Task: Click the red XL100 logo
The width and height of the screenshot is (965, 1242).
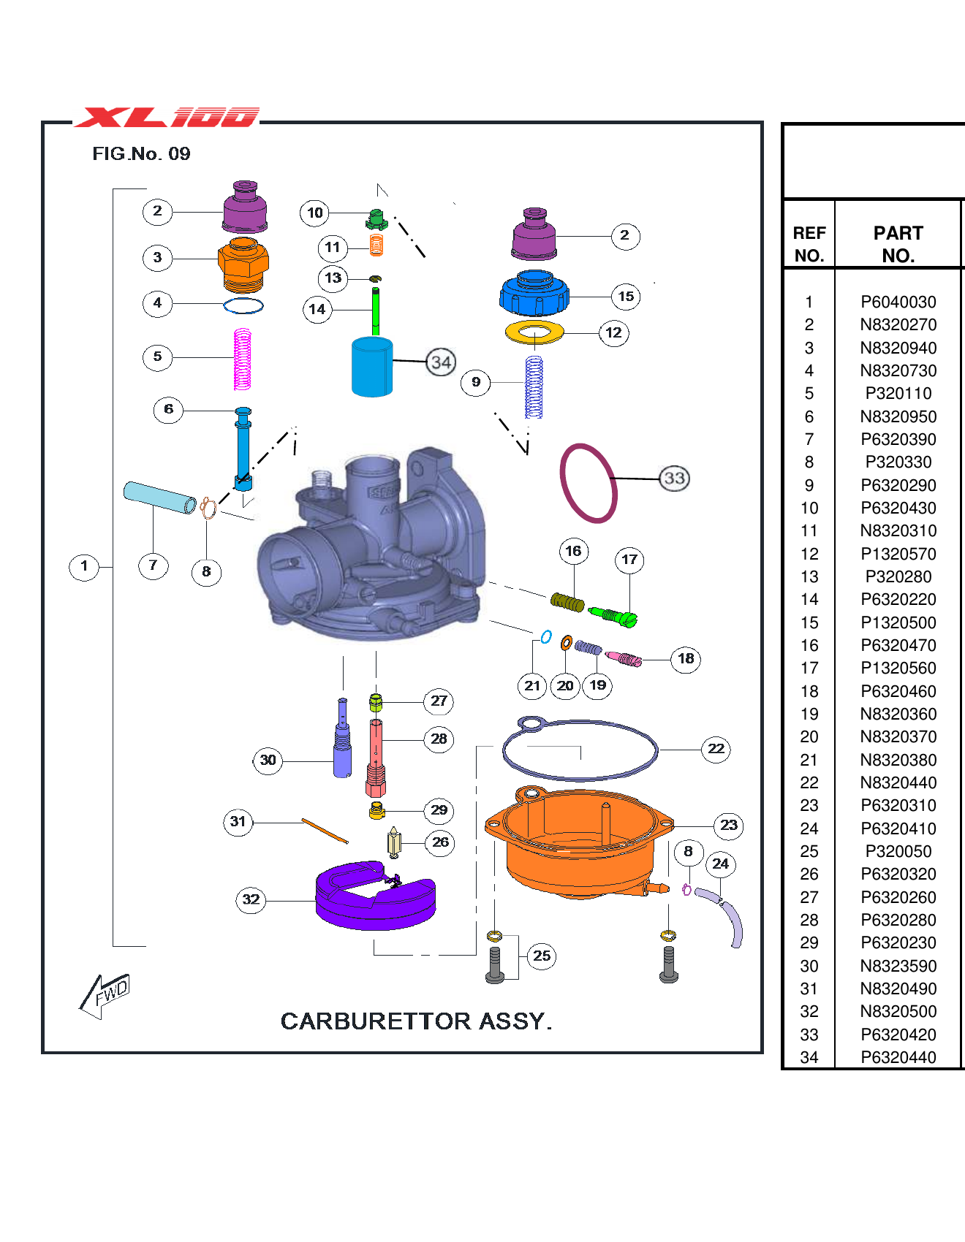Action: click(167, 118)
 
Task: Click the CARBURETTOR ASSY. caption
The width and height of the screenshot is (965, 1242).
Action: click(416, 1021)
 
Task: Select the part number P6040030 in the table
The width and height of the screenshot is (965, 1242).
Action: click(898, 302)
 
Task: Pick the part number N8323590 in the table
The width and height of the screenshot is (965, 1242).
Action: click(898, 966)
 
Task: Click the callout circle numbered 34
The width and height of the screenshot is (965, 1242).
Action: click(441, 362)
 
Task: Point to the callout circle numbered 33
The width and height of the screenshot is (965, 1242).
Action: click(674, 479)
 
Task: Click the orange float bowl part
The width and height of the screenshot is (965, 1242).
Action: click(578, 840)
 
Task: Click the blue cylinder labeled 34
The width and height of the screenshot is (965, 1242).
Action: click(372, 367)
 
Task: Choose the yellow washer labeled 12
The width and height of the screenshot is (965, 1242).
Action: click(534, 332)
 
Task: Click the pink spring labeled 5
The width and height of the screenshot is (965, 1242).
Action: click(242, 359)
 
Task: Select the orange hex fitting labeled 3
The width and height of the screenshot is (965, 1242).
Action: click(243, 264)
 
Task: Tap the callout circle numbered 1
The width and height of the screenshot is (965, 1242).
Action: click(84, 566)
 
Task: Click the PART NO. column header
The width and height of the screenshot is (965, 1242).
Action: click(898, 244)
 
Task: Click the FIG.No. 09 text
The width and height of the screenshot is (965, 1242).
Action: click(141, 153)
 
